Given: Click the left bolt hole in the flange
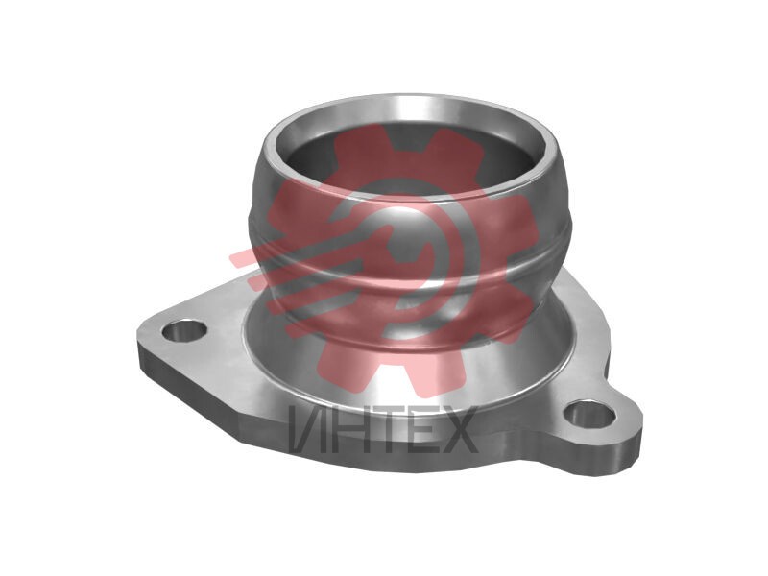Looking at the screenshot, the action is [x=184, y=332].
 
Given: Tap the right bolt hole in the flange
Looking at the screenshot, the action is [x=589, y=416].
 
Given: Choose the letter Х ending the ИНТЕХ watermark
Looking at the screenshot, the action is [x=461, y=429].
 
